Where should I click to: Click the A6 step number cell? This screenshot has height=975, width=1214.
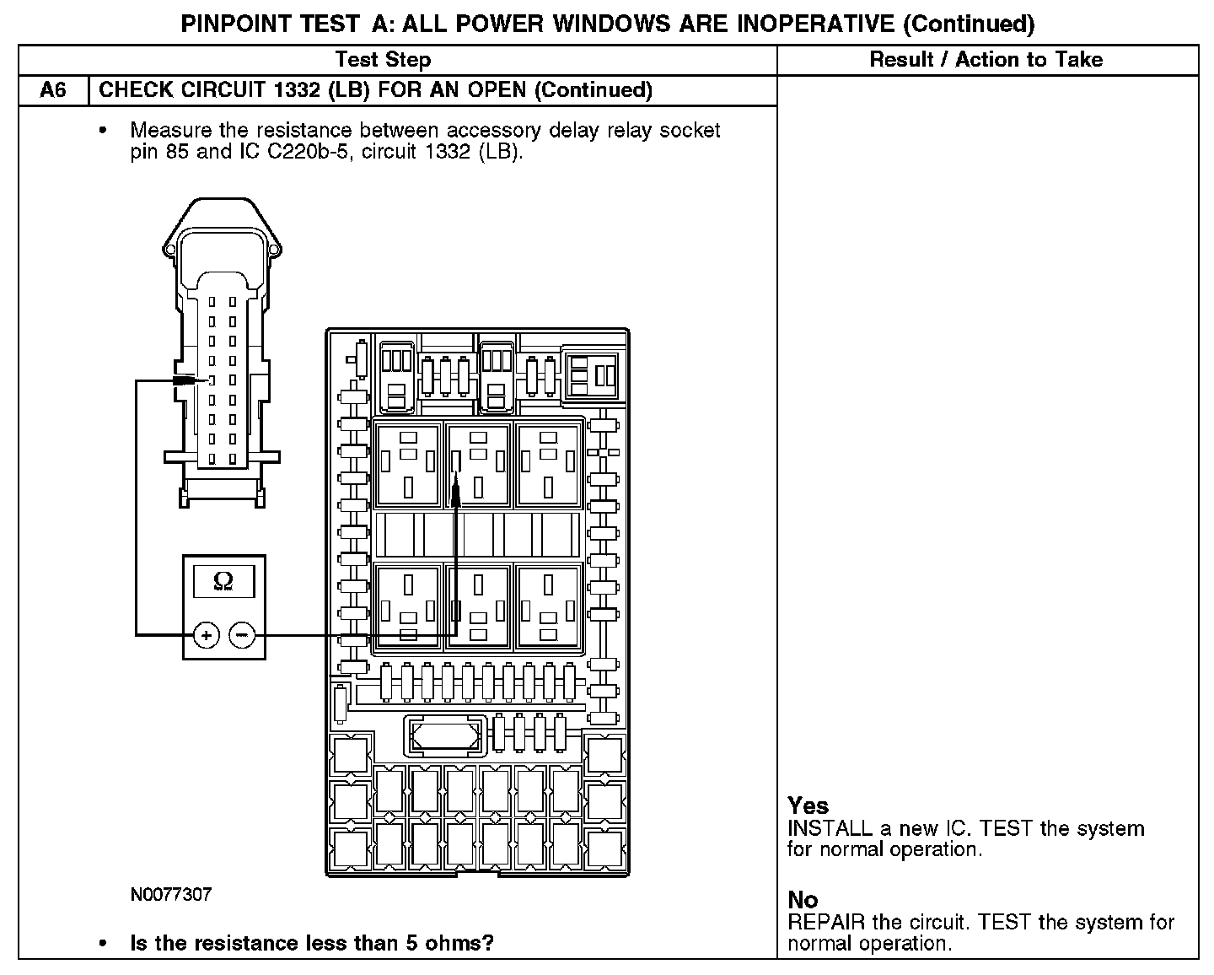(53, 90)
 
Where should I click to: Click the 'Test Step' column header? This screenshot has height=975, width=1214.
(383, 60)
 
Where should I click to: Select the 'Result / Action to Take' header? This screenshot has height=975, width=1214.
(986, 60)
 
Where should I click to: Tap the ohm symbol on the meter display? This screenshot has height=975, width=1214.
(223, 580)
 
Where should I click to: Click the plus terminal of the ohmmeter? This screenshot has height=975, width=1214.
(207, 634)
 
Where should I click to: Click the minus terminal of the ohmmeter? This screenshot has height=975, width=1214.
(242, 634)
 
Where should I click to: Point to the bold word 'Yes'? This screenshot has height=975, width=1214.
(808, 805)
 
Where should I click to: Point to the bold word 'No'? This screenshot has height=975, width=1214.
(802, 900)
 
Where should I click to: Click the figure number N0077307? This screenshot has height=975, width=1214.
(170, 894)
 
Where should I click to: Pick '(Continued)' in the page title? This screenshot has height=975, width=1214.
(969, 24)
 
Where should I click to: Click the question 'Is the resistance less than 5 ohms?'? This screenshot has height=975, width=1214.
(311, 943)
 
